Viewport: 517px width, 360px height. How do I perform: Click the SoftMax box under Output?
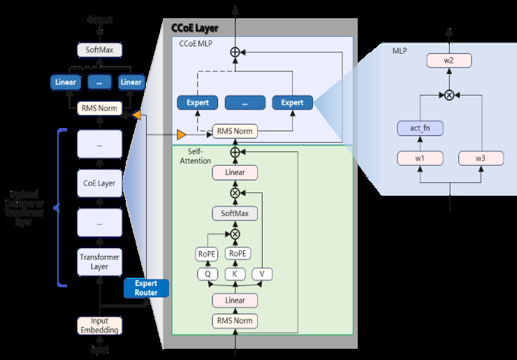click(99, 50)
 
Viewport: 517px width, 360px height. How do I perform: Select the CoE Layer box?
click(99, 184)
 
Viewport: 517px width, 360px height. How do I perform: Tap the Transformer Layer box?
click(99, 261)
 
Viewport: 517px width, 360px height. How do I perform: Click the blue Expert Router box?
click(147, 288)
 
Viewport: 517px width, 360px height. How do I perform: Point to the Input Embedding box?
click(99, 326)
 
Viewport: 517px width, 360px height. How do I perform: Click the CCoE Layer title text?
click(195, 29)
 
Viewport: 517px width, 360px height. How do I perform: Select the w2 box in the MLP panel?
click(449, 62)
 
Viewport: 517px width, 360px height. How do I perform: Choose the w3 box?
click(481, 158)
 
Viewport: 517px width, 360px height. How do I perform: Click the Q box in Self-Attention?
click(207, 274)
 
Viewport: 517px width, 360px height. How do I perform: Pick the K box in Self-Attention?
click(235, 274)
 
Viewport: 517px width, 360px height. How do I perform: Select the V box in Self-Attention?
click(261, 274)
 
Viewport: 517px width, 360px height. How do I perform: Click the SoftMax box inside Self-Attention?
click(235, 214)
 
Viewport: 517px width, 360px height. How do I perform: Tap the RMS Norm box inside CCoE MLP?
click(235, 131)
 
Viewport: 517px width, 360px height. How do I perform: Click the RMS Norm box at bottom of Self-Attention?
click(235, 321)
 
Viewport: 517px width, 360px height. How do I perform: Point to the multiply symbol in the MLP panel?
click(449, 94)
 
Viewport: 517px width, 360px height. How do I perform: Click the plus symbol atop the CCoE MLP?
click(235, 52)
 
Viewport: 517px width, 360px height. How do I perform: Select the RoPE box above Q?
click(207, 254)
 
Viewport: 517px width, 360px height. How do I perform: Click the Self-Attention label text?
click(196, 156)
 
